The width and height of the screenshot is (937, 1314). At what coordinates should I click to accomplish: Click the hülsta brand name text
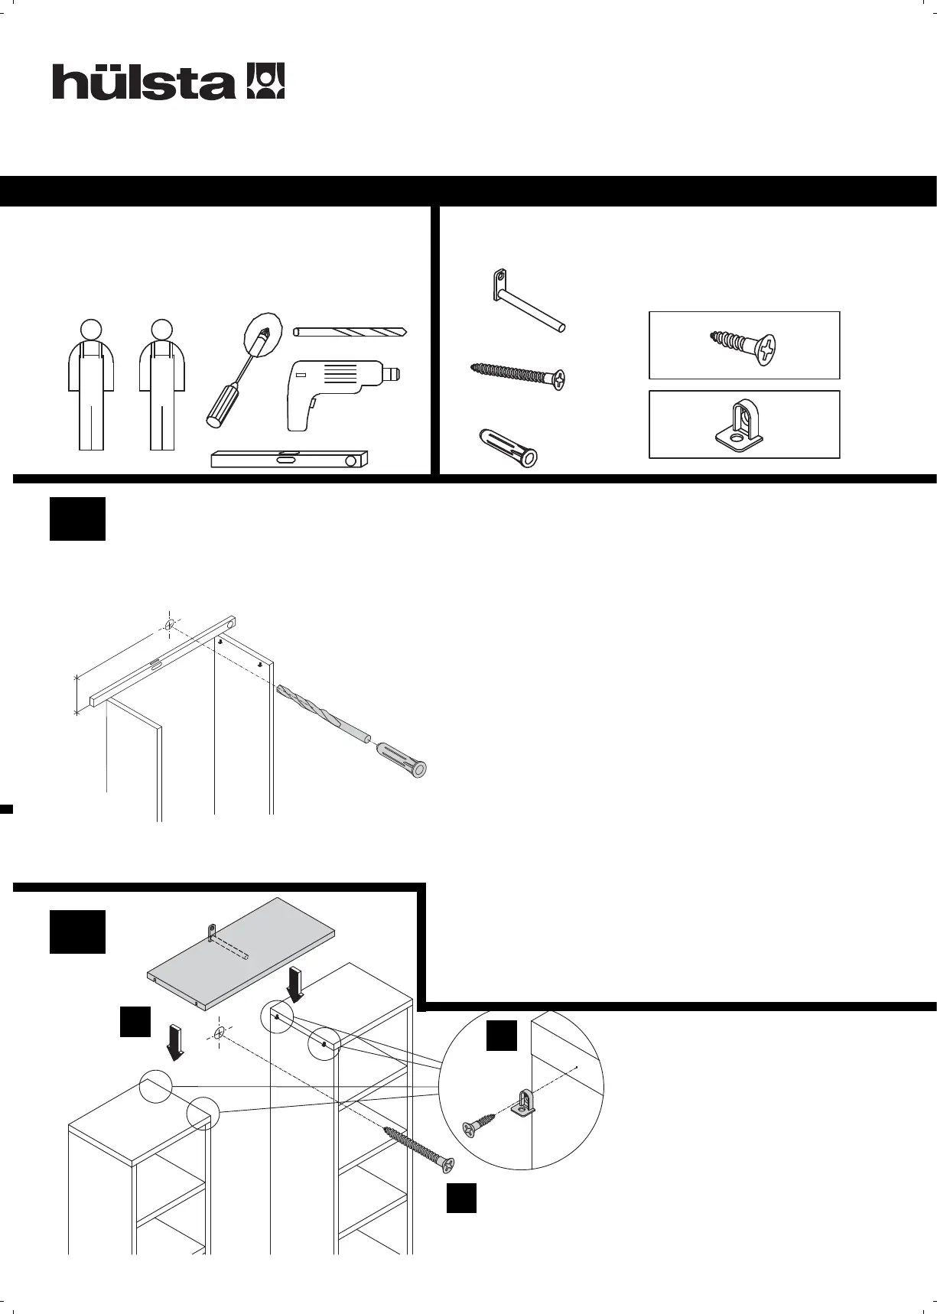143,82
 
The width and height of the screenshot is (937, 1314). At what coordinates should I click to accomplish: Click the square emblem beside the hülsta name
265,81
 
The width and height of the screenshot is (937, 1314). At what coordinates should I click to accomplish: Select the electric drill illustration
337,392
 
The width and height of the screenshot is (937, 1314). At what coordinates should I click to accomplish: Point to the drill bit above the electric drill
350,332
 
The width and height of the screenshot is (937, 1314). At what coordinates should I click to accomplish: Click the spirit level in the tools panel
290,459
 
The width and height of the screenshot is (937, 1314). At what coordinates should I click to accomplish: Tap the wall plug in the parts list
507,446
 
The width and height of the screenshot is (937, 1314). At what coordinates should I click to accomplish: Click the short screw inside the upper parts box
743,345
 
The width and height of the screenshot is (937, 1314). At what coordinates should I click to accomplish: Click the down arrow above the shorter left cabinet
175,1043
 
